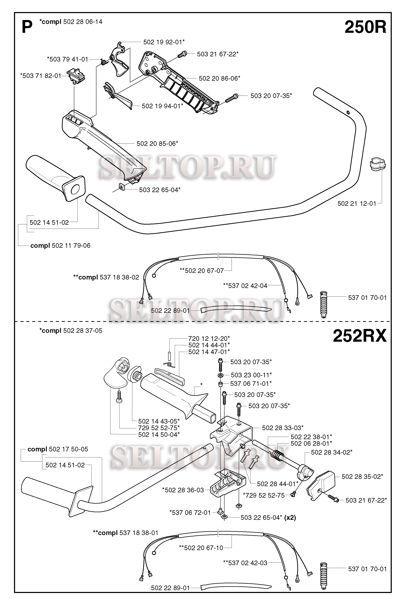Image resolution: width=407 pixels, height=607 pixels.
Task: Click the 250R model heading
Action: coord(365,27)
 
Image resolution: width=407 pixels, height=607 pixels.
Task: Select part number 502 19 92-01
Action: coord(164,42)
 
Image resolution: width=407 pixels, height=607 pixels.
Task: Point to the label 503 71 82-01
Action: coord(41,76)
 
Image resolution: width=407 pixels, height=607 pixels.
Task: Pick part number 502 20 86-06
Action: coord(219,78)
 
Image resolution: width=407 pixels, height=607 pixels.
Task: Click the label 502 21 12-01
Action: coord(357,204)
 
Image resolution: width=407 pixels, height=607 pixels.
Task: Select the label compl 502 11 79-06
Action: coord(60,246)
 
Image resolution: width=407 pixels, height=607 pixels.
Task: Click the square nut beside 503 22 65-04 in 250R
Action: coord(121,186)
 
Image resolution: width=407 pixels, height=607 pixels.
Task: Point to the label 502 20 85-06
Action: coord(157,144)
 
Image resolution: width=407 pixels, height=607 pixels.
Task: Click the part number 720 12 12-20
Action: coord(209,339)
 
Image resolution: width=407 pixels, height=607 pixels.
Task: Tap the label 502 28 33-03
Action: coord(283,428)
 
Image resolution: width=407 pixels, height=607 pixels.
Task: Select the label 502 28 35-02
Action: coord(362,476)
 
